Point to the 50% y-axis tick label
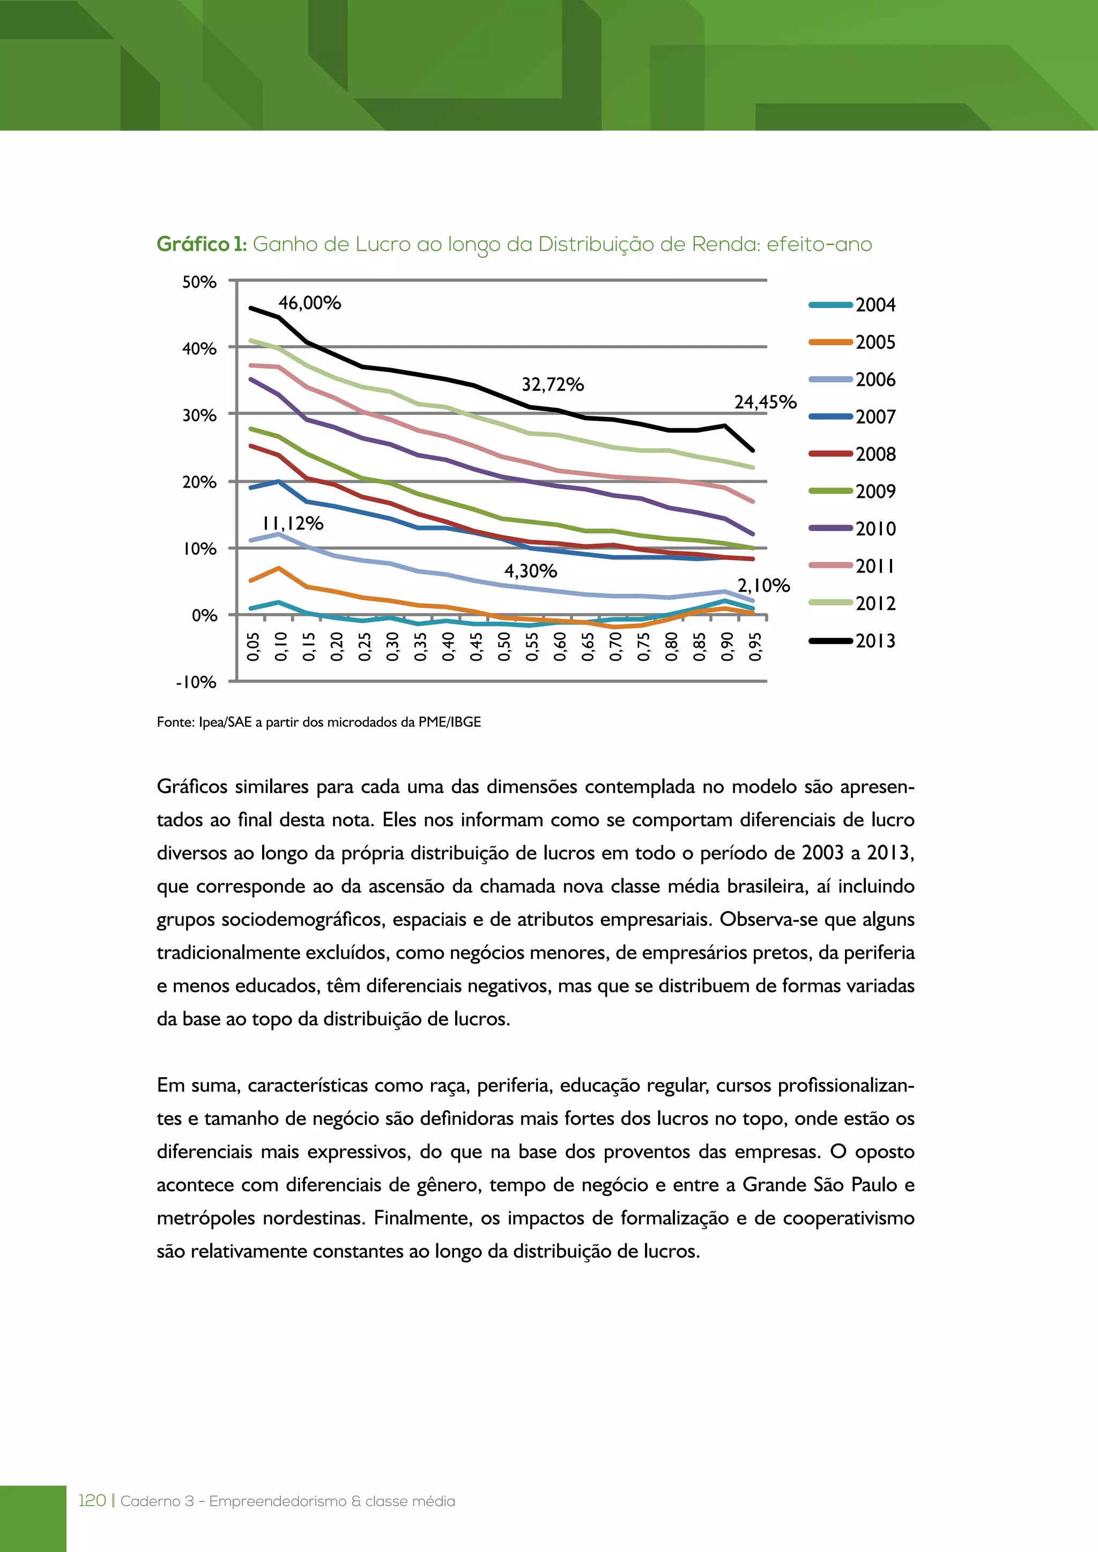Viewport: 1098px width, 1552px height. click(199, 282)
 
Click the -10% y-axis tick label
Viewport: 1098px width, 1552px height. click(196, 682)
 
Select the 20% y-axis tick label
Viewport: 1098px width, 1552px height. click(199, 482)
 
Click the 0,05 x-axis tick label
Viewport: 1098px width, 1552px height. click(254, 647)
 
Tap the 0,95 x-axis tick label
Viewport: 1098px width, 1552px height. click(756, 647)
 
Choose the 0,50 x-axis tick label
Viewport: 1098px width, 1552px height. click(505, 647)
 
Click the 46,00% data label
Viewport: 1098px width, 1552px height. click(310, 303)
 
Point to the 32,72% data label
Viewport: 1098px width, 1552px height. click(552, 385)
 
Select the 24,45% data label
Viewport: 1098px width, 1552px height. click(766, 402)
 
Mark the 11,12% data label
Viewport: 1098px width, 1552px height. click(293, 523)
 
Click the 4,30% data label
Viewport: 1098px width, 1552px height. click(530, 571)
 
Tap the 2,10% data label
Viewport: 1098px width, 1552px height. click(763, 585)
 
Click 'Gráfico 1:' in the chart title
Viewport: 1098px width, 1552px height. click(202, 244)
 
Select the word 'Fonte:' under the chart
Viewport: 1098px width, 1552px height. click(176, 722)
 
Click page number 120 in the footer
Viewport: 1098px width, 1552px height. click(93, 1501)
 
